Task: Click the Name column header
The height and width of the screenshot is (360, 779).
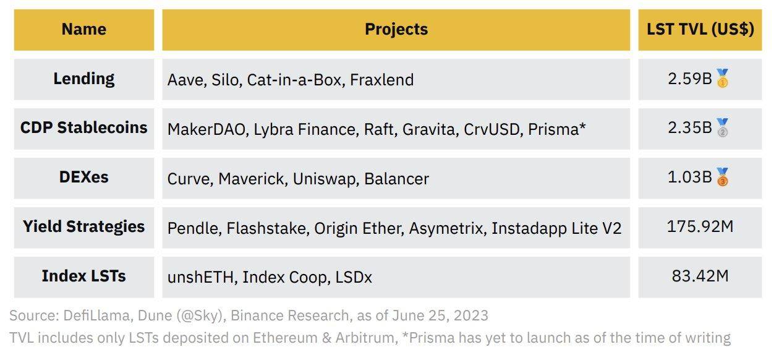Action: (x=84, y=29)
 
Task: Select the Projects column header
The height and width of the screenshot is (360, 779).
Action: (x=396, y=29)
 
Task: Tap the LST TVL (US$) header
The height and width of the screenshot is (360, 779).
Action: (x=700, y=29)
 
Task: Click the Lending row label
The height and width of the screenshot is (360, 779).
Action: (x=84, y=79)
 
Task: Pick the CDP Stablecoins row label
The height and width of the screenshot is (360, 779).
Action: (x=84, y=127)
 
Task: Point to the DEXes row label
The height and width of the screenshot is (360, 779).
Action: (x=84, y=177)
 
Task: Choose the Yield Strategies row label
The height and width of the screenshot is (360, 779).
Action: (x=84, y=227)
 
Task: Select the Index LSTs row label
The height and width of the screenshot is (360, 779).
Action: (x=84, y=276)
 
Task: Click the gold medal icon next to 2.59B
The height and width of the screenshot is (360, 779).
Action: (x=722, y=79)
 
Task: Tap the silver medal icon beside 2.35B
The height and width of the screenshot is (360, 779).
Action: (x=722, y=127)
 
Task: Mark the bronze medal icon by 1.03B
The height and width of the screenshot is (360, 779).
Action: (x=722, y=177)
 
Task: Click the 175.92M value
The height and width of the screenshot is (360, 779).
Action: (x=700, y=227)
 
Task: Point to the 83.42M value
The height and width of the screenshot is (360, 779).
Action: (x=700, y=276)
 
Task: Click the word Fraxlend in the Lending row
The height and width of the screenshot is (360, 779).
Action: (x=382, y=80)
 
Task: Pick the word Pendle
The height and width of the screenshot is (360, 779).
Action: (x=194, y=228)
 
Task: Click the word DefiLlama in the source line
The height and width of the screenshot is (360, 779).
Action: (x=96, y=315)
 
